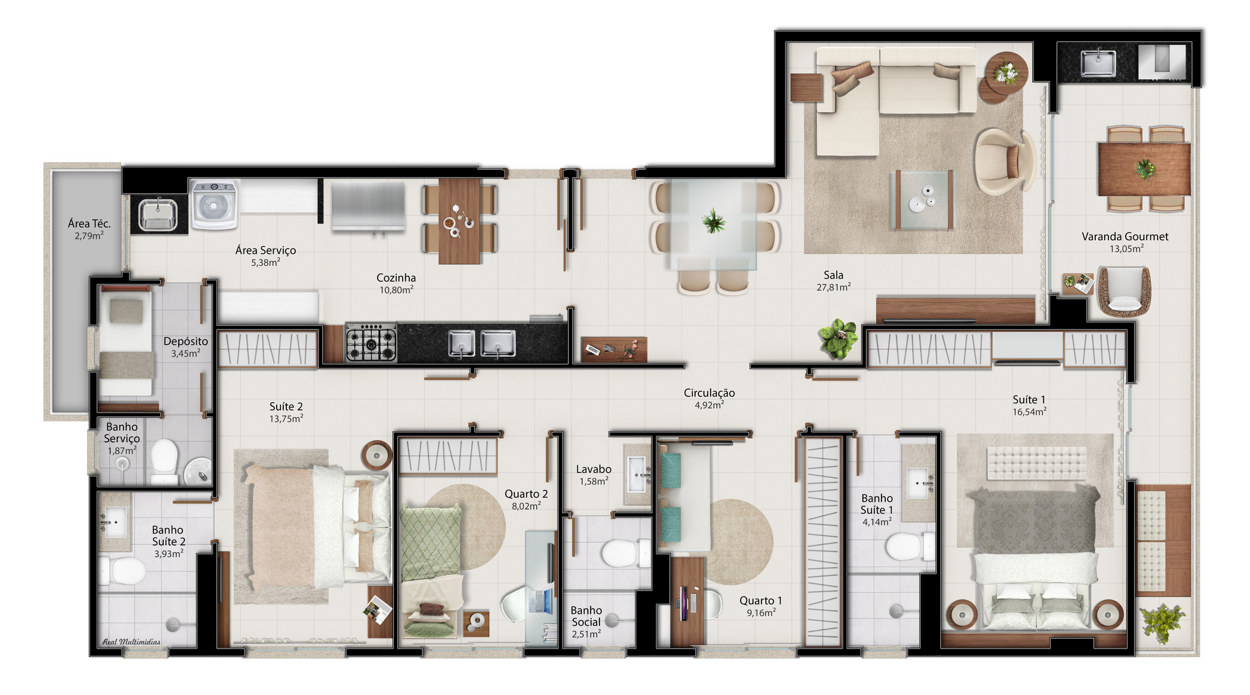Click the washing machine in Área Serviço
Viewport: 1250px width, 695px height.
click(214, 205)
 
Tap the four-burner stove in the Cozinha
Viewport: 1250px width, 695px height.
click(371, 343)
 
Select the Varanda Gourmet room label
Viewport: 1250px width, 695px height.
click(1125, 236)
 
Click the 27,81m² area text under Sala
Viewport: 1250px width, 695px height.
click(833, 287)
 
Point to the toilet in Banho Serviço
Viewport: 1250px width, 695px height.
click(164, 461)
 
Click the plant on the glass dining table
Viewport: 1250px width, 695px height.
click(714, 221)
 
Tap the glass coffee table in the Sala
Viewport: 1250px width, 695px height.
click(924, 200)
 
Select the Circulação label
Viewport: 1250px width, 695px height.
click(709, 393)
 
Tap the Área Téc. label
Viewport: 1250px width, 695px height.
click(89, 223)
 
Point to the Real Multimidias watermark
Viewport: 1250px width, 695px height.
click(131, 642)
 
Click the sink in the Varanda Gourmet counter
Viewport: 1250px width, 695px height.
click(1098, 64)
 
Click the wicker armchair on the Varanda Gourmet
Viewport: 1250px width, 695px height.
click(1124, 292)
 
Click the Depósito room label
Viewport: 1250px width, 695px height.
click(185, 341)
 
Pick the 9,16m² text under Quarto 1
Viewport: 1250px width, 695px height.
click(761, 613)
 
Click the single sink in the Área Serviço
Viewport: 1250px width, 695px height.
click(158, 214)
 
